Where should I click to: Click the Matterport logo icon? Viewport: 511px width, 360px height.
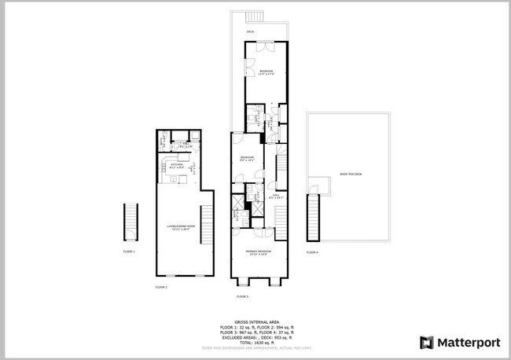tap(427, 342)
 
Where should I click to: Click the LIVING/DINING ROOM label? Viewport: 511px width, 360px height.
tap(180, 227)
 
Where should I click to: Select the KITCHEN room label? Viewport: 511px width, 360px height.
tap(176, 166)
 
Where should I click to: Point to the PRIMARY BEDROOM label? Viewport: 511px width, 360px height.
tap(259, 253)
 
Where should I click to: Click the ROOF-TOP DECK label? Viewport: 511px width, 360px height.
tap(351, 174)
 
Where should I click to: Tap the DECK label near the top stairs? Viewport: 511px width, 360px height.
tap(250, 31)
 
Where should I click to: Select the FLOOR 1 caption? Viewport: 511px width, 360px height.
tap(130, 252)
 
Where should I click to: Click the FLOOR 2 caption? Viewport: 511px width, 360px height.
tap(161, 288)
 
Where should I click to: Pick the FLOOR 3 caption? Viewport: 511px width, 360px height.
tap(242, 296)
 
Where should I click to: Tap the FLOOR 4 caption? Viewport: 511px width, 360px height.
tap(312, 252)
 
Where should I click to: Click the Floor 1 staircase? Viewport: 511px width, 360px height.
tap(130, 222)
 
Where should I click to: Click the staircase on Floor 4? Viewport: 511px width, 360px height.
tap(314, 218)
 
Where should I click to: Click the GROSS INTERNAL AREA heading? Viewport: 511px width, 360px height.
tap(256, 321)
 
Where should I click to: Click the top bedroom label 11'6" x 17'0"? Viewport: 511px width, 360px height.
tap(266, 73)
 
